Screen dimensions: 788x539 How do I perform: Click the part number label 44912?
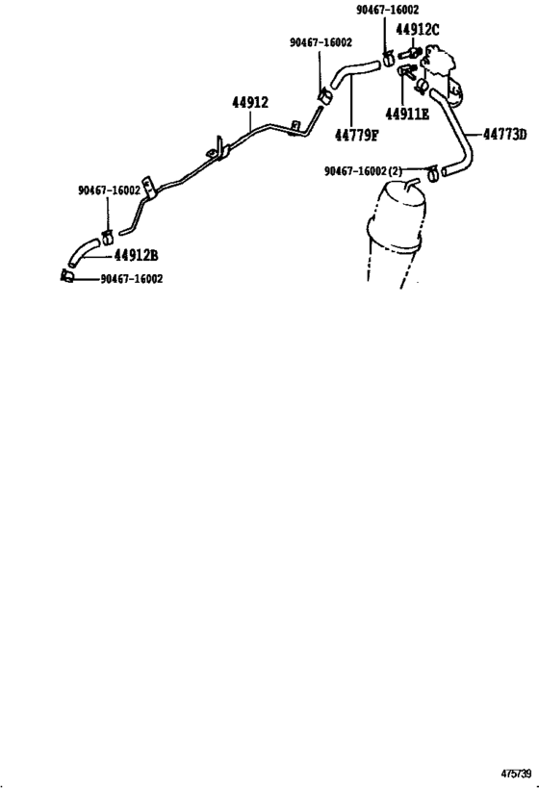point(249,103)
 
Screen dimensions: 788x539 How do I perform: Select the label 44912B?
point(137,256)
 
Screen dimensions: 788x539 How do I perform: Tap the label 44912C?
point(417,29)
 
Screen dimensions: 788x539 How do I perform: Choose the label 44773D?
point(504,134)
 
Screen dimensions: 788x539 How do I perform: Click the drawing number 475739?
point(515,773)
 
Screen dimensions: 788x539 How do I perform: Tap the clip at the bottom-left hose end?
point(67,277)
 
